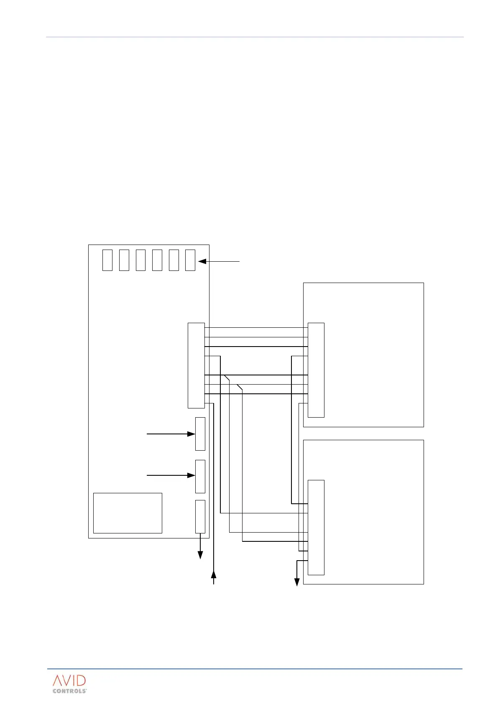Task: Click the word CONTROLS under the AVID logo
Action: [69, 691]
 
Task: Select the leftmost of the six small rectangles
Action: [107, 260]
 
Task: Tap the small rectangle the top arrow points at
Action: [190, 260]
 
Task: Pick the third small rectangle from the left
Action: [140, 260]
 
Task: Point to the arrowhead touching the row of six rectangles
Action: [202, 261]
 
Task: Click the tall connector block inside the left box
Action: [196, 365]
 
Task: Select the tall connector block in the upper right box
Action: [316, 370]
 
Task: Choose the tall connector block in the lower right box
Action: [316, 527]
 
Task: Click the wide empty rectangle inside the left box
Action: [128, 513]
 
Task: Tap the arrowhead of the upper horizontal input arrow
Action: [191, 434]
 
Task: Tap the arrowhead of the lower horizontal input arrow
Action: [191, 475]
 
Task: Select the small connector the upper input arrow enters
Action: [200, 434]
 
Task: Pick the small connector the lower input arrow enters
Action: [200, 477]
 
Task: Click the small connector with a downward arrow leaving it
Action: [200, 516]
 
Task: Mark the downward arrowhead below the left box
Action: [200, 555]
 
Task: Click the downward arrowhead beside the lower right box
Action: [297, 582]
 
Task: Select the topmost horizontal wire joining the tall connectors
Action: [256, 328]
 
